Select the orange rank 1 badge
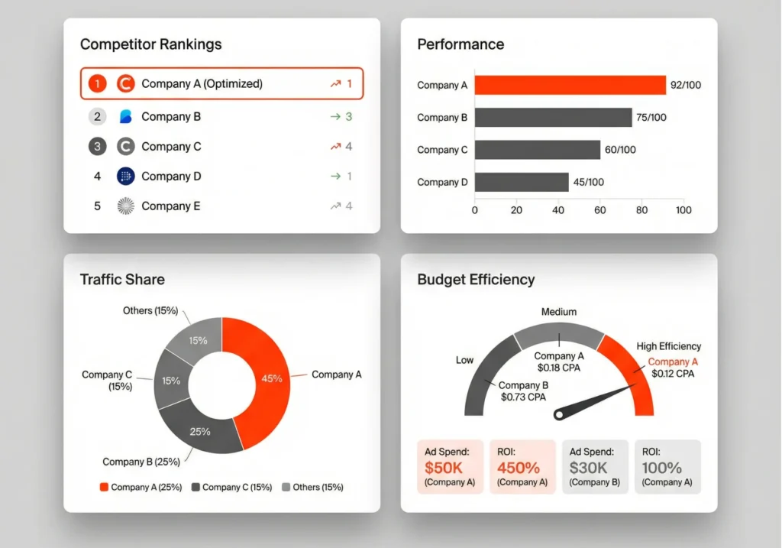(x=97, y=84)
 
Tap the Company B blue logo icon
(x=126, y=117)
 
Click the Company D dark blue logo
(x=126, y=177)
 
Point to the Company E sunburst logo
(x=126, y=206)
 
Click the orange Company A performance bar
(x=570, y=85)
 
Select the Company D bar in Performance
(x=522, y=182)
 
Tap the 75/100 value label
(x=652, y=118)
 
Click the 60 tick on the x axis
(x=599, y=210)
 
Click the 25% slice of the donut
(x=200, y=430)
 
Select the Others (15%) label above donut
(x=150, y=311)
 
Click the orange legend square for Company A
(x=104, y=487)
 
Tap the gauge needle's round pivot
(x=559, y=415)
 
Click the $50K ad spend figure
(x=444, y=468)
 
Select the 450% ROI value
(x=518, y=468)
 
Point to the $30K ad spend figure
(x=589, y=468)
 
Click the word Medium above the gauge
(x=559, y=312)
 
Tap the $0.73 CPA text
(x=523, y=397)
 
